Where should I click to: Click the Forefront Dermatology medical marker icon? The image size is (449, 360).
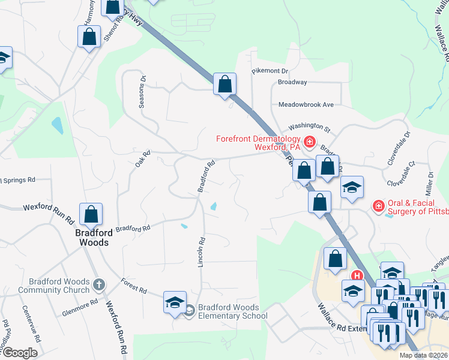point(309,142)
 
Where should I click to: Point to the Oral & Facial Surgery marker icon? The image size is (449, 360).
point(378,206)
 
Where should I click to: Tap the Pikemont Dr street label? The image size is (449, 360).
point(270,71)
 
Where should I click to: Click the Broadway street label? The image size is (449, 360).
point(292,82)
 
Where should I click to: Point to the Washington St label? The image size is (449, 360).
point(310,128)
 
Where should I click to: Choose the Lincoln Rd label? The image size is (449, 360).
point(202,251)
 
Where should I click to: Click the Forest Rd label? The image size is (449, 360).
point(133,286)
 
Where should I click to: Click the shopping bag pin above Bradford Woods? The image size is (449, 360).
point(91,214)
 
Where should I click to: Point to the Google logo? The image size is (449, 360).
point(20,353)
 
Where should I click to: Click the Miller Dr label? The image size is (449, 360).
point(430,182)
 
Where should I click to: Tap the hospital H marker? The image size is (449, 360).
point(357,276)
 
